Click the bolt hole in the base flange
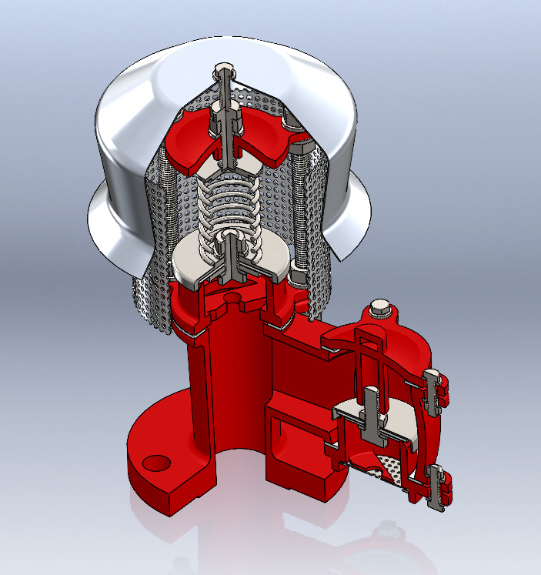point(156,462)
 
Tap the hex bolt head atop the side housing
point(380,309)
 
